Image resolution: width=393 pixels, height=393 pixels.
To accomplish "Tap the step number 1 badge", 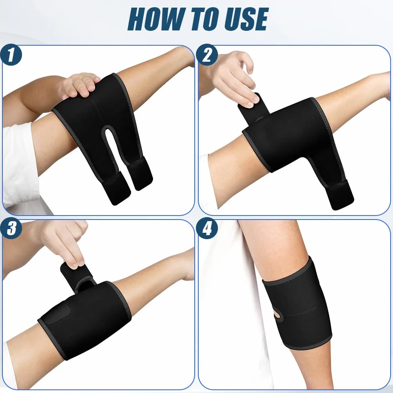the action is point(11,55).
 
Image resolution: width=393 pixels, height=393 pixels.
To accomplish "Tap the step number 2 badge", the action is point(207,55).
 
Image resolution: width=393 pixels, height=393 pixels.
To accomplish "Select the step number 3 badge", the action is point(11,229).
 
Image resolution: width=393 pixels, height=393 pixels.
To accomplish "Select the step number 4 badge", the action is point(207,229).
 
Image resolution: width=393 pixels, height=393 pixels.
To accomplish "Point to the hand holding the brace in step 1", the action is point(80,85).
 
